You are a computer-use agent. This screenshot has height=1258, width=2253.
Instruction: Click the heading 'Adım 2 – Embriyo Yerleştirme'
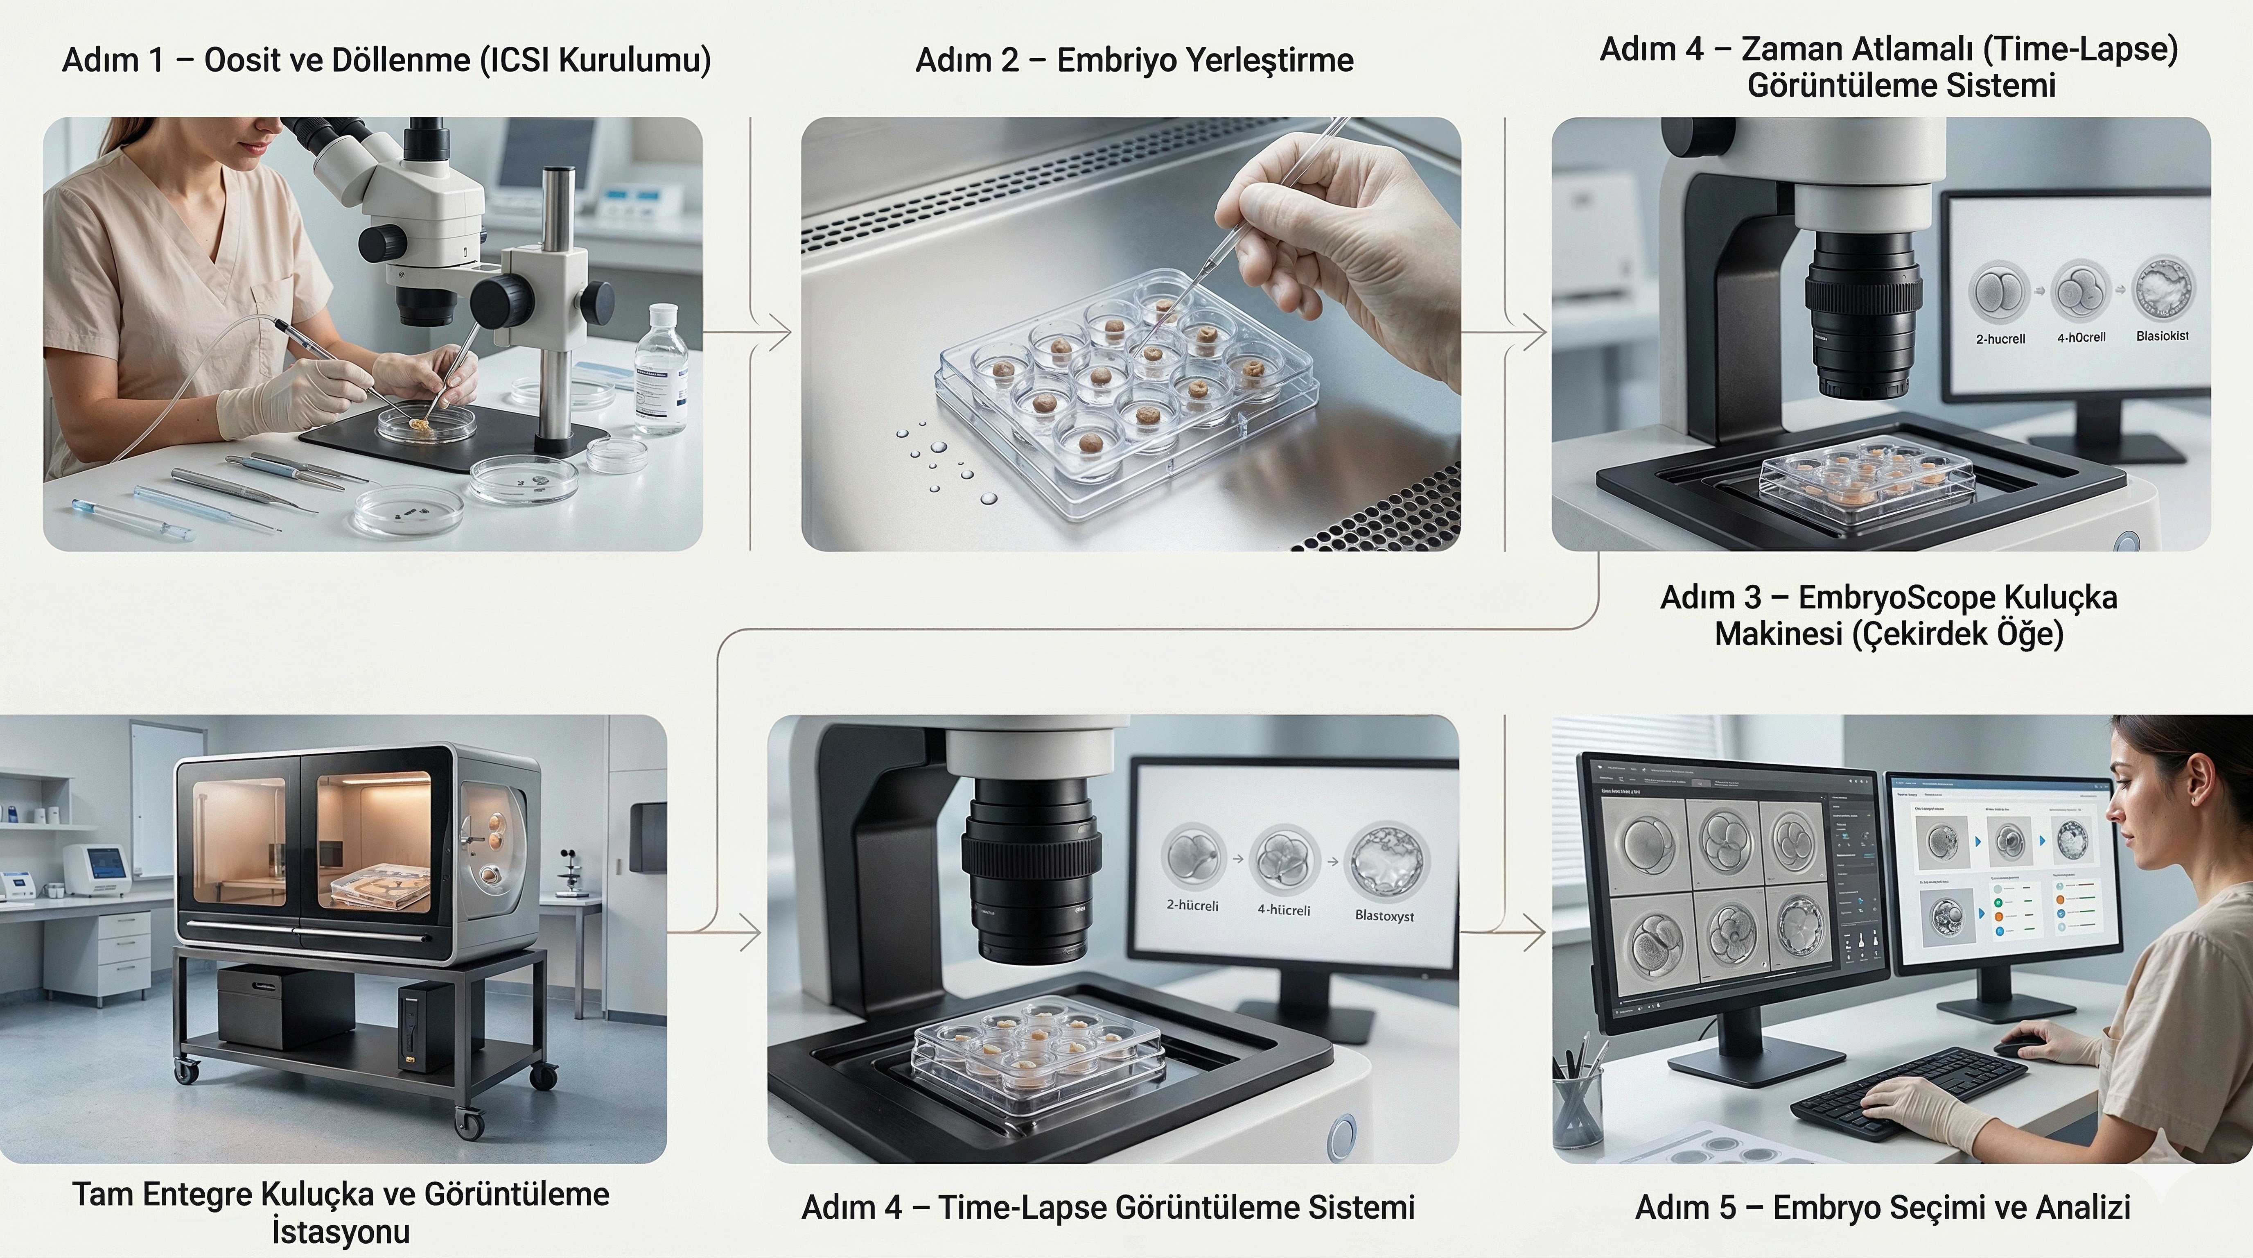coord(1134,60)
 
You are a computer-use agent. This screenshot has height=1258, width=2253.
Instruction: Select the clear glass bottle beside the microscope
coord(660,372)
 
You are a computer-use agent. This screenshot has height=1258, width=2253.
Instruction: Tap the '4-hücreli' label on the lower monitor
coord(1284,910)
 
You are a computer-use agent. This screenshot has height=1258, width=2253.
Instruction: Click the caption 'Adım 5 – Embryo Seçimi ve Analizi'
coord(1882,1207)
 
